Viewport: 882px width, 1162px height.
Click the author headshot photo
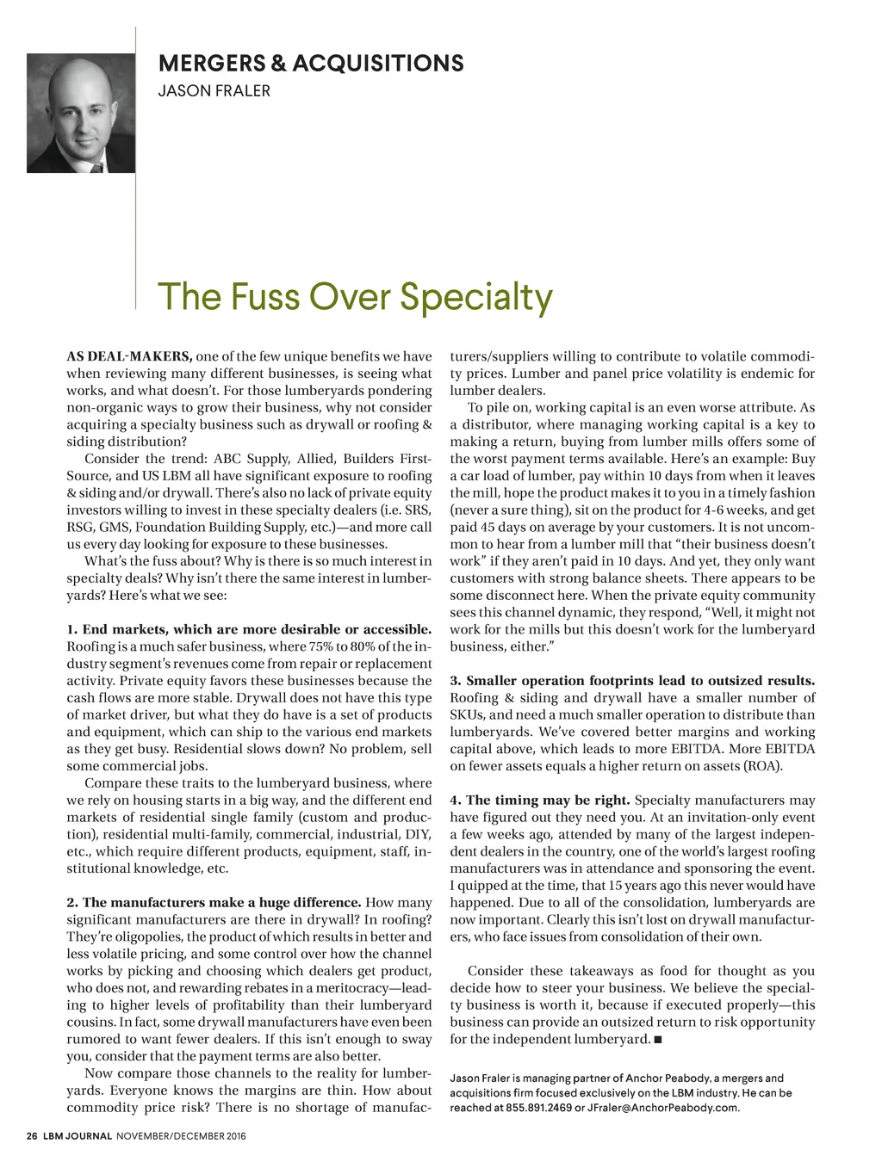(x=81, y=114)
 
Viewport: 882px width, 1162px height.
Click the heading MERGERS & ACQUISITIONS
(x=311, y=64)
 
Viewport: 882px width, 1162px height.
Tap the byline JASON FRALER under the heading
(x=214, y=90)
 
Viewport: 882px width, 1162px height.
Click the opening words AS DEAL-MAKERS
(x=129, y=356)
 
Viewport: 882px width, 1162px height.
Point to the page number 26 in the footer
(x=31, y=1136)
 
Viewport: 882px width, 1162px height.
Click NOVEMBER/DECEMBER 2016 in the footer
(x=181, y=1136)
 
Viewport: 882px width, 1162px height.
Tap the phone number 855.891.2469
(x=538, y=1107)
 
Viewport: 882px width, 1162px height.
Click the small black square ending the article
(x=658, y=1040)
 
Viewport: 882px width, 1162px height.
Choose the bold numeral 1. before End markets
(x=72, y=629)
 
